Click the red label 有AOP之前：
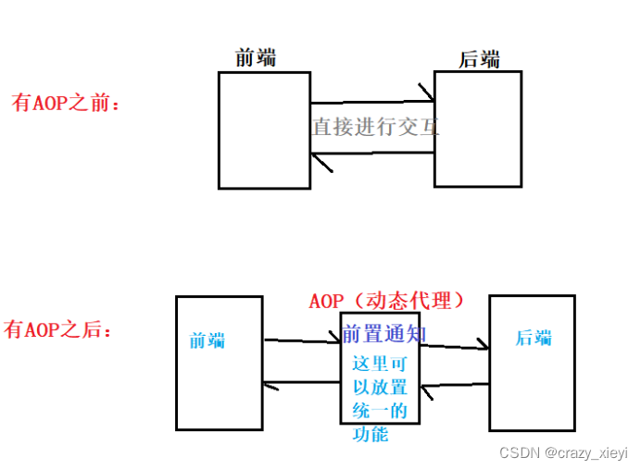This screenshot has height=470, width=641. pos(66,103)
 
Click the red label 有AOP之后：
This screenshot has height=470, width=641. pos(58,329)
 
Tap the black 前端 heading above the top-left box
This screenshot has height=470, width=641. pos(256,57)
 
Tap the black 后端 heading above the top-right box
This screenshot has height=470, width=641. pos(480,60)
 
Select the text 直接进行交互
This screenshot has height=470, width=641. pos(375,127)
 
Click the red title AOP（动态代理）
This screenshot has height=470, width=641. pos(386,301)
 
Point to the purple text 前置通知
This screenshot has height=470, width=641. pos(384,333)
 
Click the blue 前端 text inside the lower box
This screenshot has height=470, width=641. pos(207,340)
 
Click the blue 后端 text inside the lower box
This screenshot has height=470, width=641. pos(534,338)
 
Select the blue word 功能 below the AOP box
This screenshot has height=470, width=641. pos(371,434)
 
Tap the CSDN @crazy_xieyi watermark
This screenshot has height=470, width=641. pos(563,452)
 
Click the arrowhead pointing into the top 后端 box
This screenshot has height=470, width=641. pos(427,93)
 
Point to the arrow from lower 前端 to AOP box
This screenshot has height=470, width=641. pos(303,341)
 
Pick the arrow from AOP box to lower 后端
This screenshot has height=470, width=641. pos(454,347)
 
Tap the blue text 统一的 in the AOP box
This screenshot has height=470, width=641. pos(380,411)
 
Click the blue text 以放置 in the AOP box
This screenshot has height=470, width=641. pos(380,388)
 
